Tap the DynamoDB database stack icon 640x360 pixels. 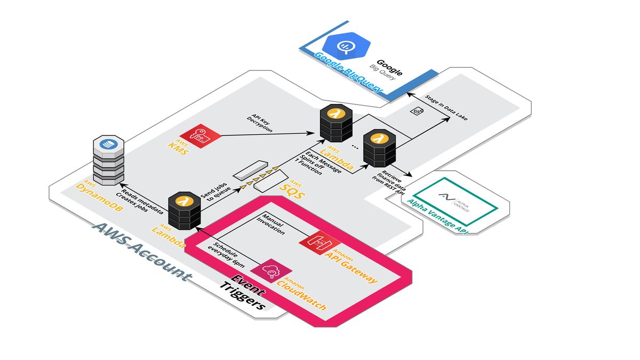tap(108, 160)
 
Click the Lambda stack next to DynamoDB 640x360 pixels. tap(184, 212)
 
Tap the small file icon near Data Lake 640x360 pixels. tap(417, 110)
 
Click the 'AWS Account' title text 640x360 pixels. tap(141, 251)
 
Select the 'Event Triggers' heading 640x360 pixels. tap(243, 291)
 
